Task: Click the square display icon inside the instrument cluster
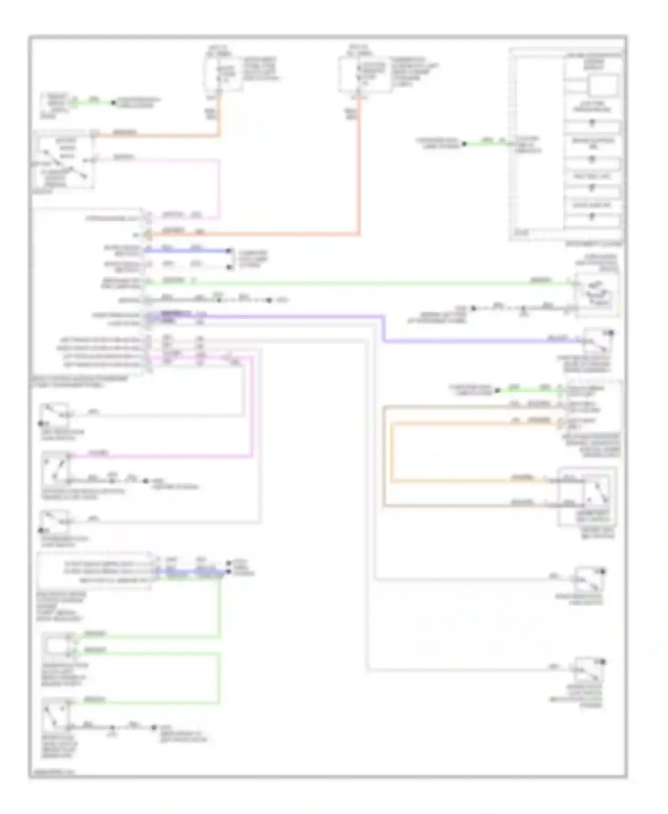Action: [x=604, y=85]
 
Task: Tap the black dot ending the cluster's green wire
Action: [x=464, y=144]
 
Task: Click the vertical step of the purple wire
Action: [x=383, y=329]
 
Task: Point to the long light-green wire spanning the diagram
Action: [x=356, y=282]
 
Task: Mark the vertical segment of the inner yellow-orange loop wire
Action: [x=392, y=452]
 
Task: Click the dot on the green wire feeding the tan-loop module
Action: [x=497, y=390]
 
